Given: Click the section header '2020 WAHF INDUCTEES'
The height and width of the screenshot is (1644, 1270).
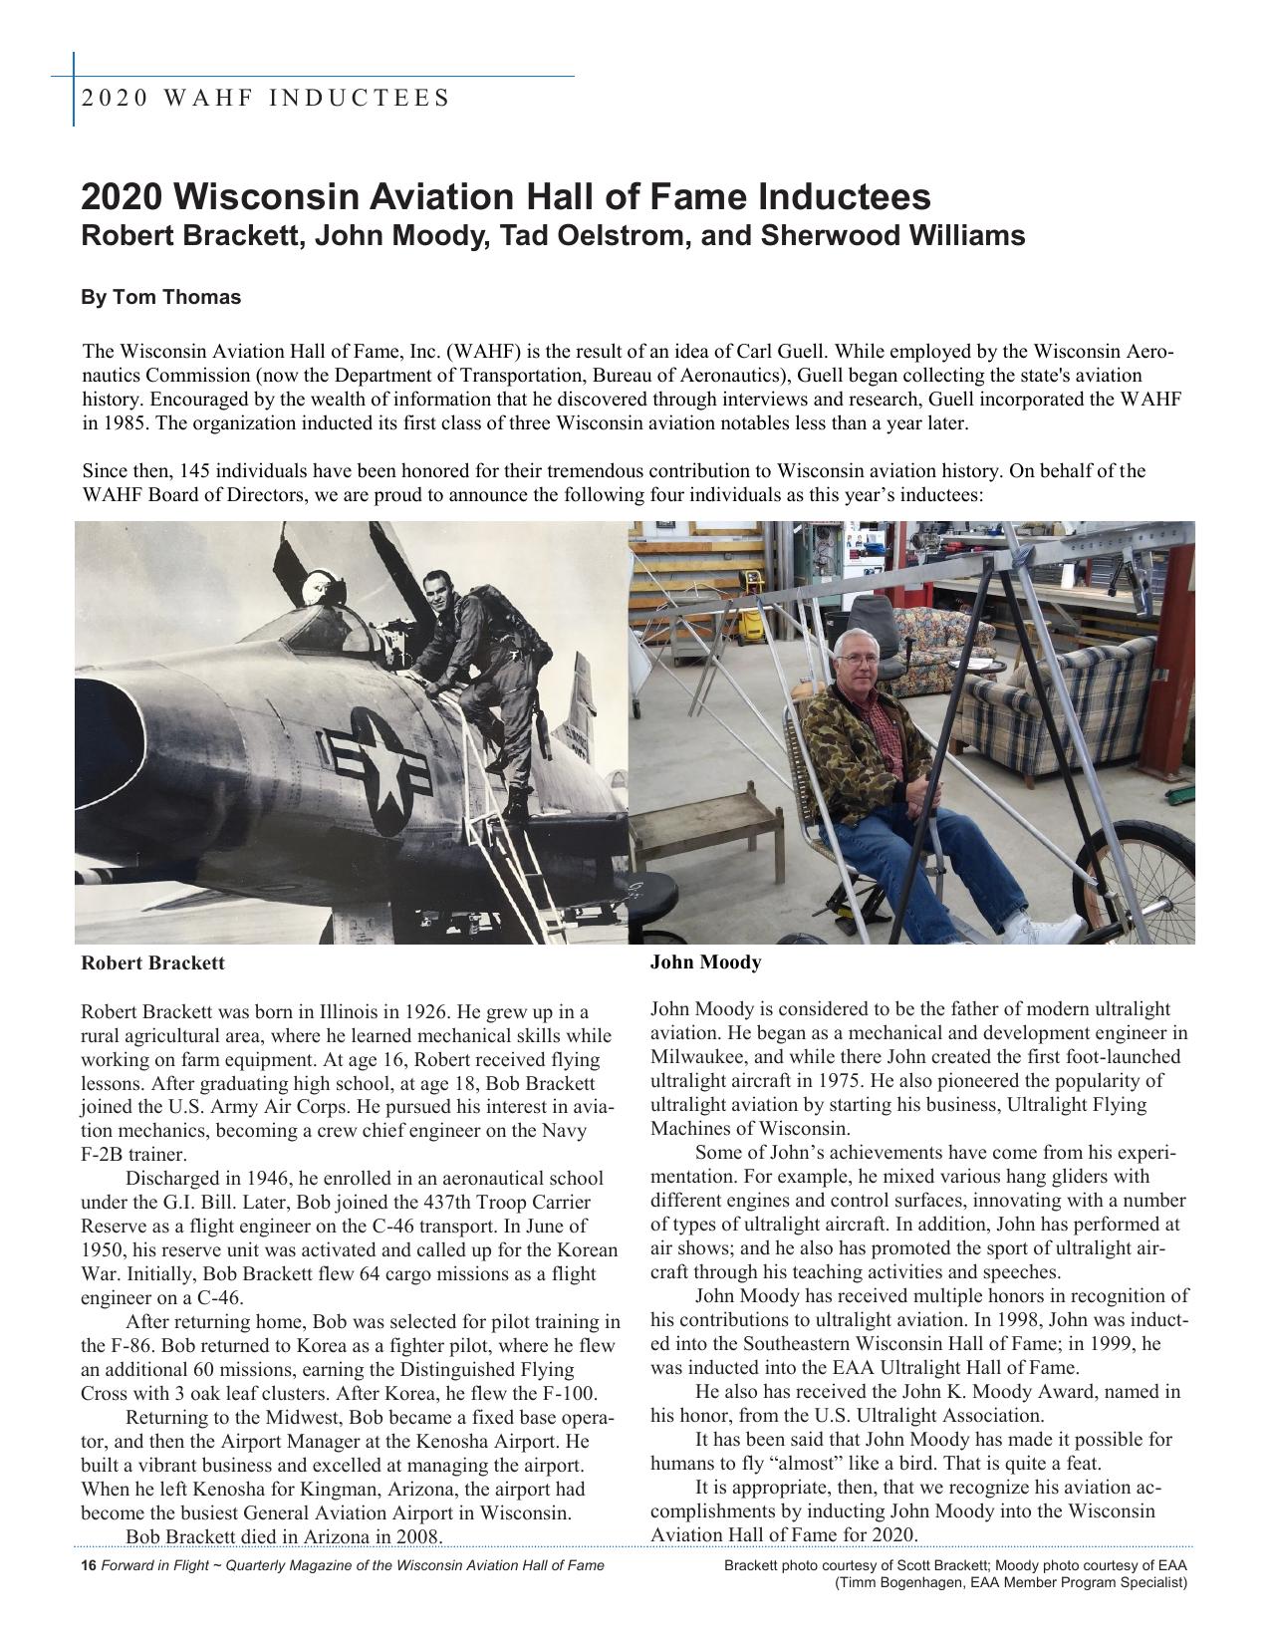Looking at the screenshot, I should (x=265, y=98).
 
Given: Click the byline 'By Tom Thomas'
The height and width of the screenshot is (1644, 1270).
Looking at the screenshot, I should (x=160, y=297).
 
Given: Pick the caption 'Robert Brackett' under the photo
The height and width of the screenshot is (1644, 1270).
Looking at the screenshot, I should (x=152, y=963).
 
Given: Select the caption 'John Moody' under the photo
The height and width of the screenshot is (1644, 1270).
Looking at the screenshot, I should (x=705, y=962).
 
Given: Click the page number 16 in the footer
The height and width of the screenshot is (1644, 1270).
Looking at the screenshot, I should (x=88, y=1565).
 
